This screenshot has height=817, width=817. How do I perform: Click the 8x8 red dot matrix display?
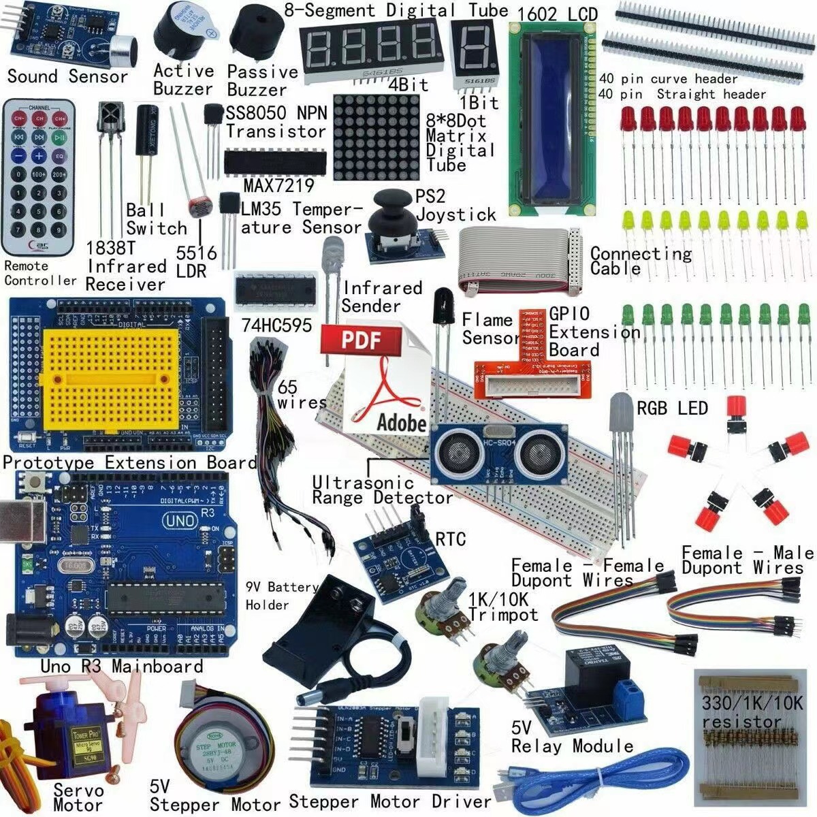point(377,136)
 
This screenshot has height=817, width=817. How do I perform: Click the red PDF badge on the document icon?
point(360,338)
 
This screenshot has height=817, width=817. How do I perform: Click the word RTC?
point(451,540)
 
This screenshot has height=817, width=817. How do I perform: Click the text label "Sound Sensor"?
point(67,76)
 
